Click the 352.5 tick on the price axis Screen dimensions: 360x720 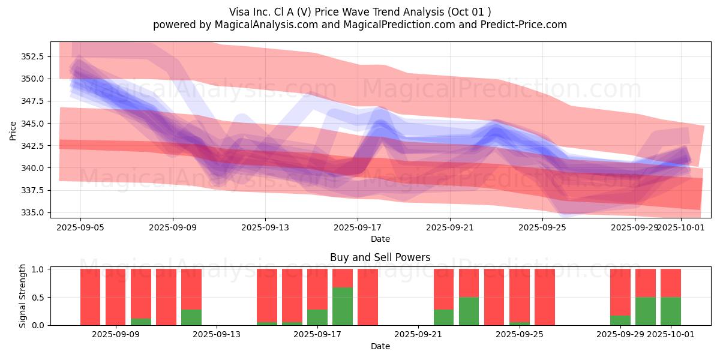34,56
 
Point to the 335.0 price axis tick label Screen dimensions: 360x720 34,212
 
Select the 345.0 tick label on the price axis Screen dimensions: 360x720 34,124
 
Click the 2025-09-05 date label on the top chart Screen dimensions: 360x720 80,228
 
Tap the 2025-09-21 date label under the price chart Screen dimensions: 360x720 450,228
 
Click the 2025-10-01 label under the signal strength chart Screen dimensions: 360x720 671,335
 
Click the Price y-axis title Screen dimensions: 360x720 13,130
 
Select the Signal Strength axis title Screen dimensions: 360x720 22,297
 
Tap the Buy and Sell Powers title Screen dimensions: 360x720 380,257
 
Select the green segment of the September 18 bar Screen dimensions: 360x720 343,306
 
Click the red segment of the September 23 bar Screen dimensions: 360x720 469,283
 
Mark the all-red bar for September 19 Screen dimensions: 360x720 368,297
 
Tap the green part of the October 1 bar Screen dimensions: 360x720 671,311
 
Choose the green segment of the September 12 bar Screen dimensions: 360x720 191,317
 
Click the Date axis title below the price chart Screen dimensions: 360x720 380,239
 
